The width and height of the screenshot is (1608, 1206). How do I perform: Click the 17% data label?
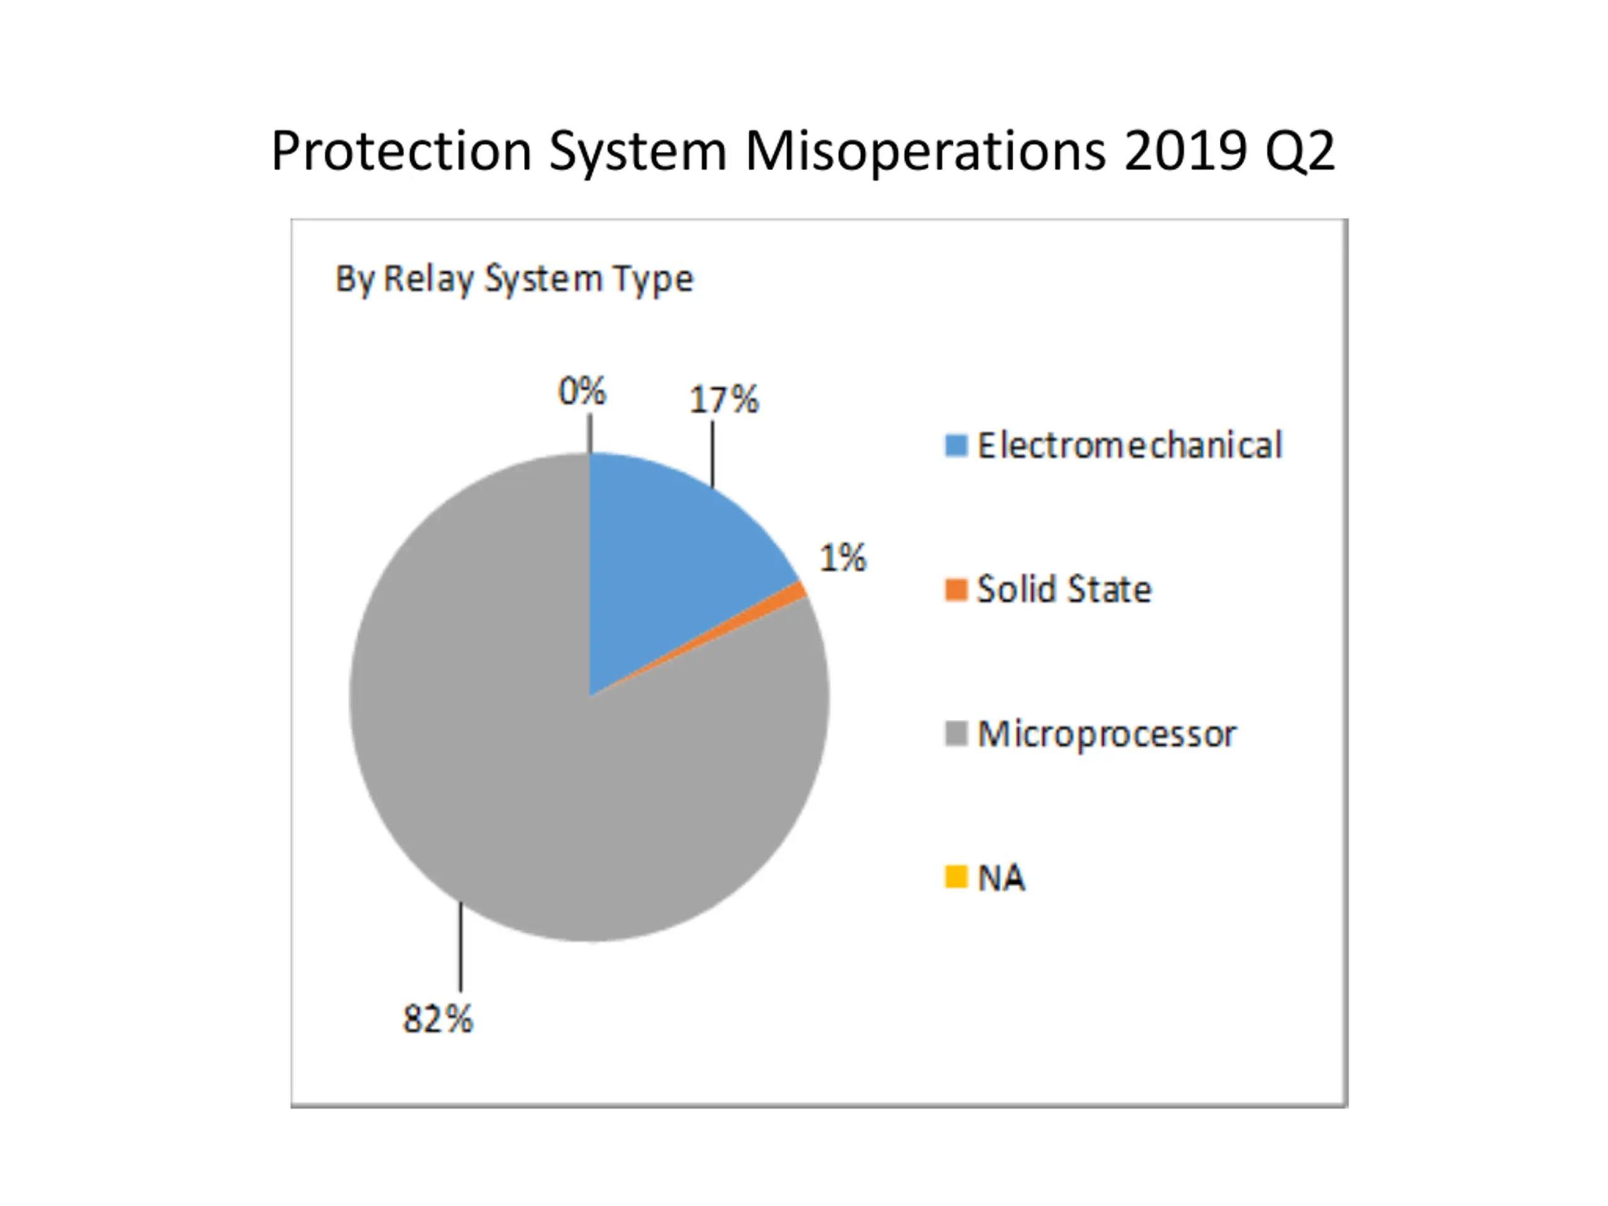[724, 400]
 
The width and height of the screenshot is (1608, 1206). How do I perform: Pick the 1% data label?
[843, 558]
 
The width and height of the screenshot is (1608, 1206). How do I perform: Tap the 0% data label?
[582, 391]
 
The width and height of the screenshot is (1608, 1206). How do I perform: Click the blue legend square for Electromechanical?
[956, 445]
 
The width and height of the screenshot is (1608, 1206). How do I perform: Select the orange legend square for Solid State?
[956, 590]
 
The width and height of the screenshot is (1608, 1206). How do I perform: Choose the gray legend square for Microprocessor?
[956, 734]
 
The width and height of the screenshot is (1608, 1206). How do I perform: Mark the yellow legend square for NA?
[956, 877]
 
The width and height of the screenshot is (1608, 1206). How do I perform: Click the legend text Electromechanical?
[1129, 445]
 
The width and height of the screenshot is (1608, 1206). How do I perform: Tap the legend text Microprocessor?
[1106, 734]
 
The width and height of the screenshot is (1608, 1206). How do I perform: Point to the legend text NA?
[1001, 878]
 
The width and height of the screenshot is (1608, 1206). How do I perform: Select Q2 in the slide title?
[1300, 151]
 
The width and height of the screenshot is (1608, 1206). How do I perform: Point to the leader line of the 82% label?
[461, 945]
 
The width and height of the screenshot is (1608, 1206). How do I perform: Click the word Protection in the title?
[401, 151]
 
